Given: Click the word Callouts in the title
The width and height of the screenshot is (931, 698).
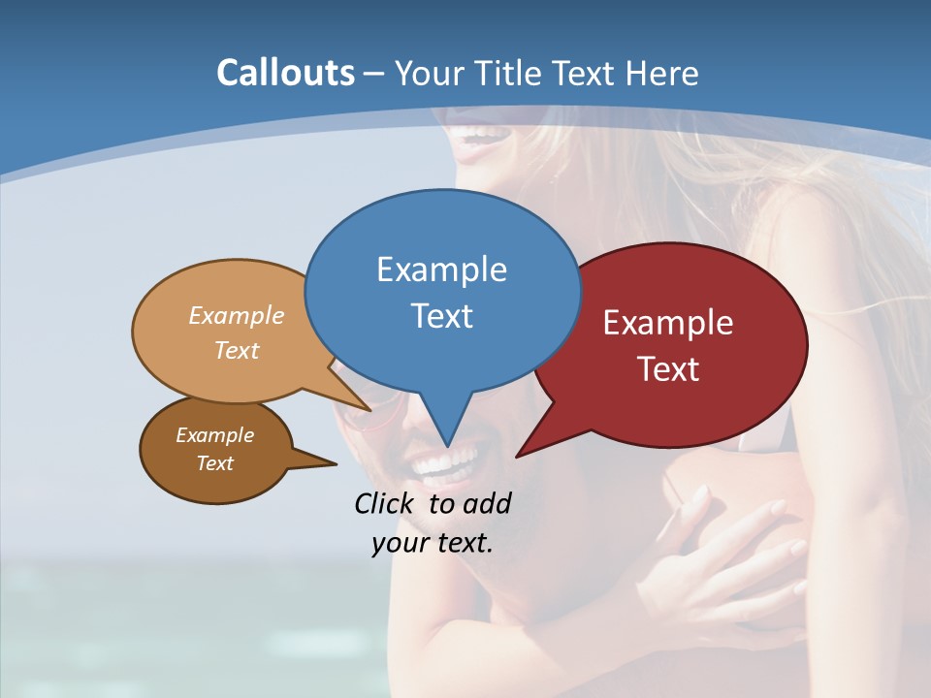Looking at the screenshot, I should tap(285, 73).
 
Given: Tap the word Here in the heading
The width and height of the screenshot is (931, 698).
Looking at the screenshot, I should tap(663, 73).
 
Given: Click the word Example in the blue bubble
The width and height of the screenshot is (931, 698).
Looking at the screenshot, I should tap(441, 270).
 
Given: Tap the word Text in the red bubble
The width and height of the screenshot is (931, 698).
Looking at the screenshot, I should tap(668, 369).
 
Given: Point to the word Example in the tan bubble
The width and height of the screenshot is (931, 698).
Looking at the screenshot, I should tap(236, 316).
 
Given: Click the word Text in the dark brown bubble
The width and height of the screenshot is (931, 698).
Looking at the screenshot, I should tap(214, 463).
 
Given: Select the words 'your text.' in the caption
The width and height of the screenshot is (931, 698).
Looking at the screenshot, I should tap(433, 543).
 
